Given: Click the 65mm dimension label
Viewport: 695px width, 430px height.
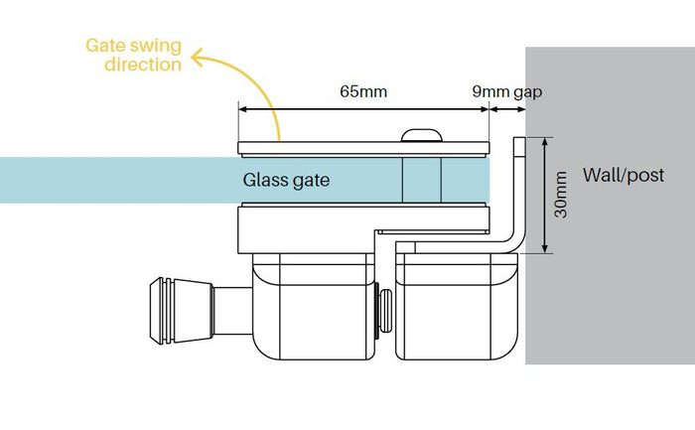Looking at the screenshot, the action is [363, 91].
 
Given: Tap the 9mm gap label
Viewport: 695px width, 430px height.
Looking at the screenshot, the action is [507, 91].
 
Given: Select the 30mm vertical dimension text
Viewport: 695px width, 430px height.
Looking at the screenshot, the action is [561, 195].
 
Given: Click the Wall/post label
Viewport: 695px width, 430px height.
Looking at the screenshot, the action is [624, 175].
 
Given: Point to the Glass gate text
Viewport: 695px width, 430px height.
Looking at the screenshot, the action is [286, 180].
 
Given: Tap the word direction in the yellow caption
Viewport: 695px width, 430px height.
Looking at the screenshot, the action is [143, 65].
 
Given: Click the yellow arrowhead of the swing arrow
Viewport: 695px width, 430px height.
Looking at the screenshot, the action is [197, 58].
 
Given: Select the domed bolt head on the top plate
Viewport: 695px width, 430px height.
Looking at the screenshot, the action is [422, 135].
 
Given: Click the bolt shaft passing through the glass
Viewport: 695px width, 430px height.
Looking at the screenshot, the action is [422, 181].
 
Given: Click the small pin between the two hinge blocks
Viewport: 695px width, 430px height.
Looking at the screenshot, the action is [384, 311].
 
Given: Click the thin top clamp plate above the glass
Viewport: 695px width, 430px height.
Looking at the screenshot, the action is [364, 148].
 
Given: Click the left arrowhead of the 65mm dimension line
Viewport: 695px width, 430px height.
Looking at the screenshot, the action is [242, 109].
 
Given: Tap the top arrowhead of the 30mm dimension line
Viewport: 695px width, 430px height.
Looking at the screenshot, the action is [545, 141].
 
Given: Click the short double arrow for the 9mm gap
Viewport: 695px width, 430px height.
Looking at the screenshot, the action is [507, 109].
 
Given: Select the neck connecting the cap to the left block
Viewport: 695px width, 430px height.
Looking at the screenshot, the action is [232, 311].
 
